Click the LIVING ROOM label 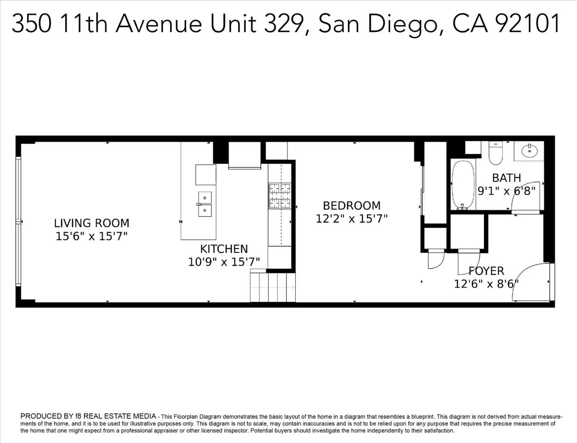coord(91,223)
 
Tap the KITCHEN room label coord(224,249)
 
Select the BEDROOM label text coord(351,206)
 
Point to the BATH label coord(506,178)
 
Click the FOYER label coord(486,271)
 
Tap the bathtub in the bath coord(463,185)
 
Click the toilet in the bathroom coord(496,152)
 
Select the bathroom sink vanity coord(529,150)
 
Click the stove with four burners coord(280,195)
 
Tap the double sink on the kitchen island coord(205,204)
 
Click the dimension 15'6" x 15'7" coord(91,236)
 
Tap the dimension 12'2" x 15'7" coord(351,219)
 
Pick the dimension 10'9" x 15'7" coord(224,262)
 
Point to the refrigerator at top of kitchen coord(244,155)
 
